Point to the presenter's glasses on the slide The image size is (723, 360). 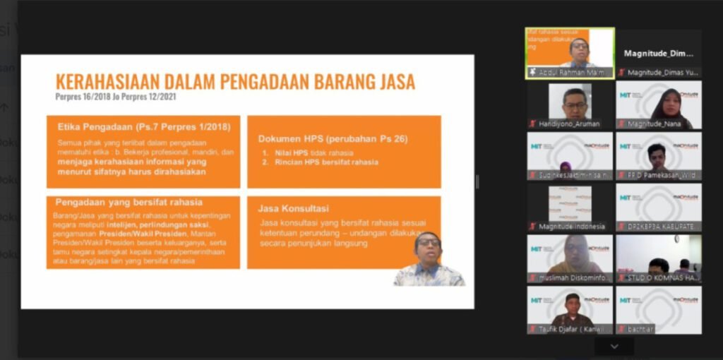(428, 243)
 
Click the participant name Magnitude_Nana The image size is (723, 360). (652, 124)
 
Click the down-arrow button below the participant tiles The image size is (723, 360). (614, 346)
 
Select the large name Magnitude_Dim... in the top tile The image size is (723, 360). (658, 53)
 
